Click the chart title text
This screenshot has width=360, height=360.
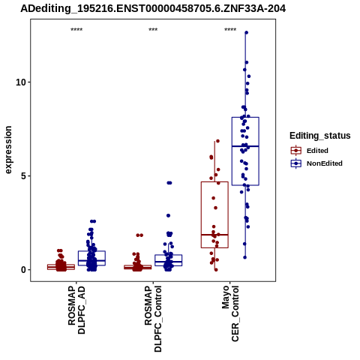tap(153, 9)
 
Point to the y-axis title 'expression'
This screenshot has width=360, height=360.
tap(8, 150)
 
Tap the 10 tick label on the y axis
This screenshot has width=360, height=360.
tap(21, 82)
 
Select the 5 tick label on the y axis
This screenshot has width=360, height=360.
tap(23, 176)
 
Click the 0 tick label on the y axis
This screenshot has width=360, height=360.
tap(23, 270)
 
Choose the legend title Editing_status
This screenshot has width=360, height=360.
tap(320, 136)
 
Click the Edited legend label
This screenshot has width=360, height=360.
tap(317, 151)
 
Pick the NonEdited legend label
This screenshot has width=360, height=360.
tap(325, 163)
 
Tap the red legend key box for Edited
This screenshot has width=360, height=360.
tap(296, 151)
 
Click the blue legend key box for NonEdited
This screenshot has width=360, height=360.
tap(296, 163)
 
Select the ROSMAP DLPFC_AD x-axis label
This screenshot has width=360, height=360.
tap(76, 310)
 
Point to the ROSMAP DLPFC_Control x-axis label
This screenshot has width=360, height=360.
tap(153, 319)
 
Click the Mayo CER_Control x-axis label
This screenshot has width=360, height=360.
tap(230, 313)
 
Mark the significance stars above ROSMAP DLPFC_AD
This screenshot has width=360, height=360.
tap(76, 30)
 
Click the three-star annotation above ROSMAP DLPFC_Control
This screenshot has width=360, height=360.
tap(153, 30)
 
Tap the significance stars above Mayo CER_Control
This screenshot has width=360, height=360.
tap(230, 30)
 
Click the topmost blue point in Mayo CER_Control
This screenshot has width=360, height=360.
tap(246, 32)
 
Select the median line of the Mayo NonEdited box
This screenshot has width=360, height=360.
tap(245, 146)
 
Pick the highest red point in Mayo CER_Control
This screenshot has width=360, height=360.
tap(217, 141)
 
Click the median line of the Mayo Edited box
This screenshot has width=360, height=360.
tap(214, 235)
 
